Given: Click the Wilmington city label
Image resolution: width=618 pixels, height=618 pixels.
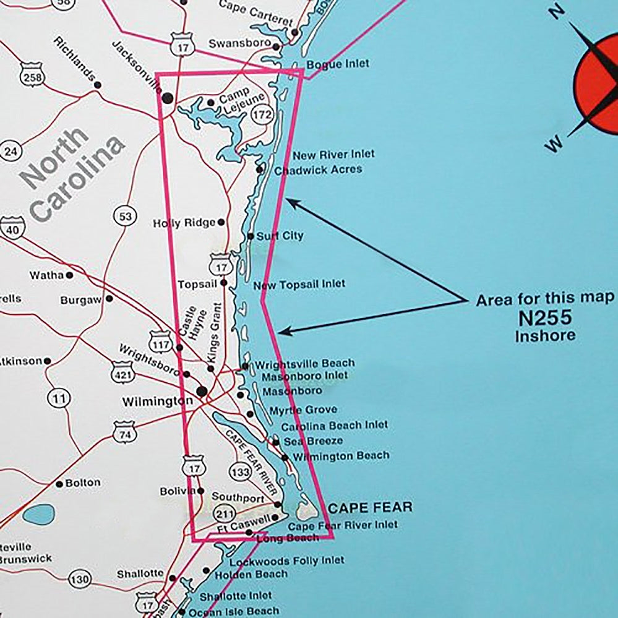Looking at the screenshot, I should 157,401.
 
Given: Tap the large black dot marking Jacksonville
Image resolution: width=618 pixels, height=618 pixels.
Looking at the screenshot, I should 167,98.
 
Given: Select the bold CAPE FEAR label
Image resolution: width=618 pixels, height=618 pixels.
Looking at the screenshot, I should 370,509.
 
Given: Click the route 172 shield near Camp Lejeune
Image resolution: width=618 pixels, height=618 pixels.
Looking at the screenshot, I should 262,114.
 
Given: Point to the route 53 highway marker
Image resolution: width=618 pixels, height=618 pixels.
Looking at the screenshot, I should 125,217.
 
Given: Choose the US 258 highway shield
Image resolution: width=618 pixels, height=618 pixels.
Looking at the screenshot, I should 30,75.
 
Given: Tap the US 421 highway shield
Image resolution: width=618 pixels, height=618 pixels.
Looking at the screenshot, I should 122,372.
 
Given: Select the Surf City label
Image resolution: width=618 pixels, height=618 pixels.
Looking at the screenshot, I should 280,236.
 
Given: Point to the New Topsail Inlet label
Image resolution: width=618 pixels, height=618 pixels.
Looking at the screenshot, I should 299,285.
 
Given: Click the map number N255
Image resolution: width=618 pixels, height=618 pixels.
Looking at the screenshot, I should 544,319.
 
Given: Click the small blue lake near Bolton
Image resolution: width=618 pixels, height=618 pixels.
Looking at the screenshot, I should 38,514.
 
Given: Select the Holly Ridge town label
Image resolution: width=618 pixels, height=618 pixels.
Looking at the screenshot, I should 184,223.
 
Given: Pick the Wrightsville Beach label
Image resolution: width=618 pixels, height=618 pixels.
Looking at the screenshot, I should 304,363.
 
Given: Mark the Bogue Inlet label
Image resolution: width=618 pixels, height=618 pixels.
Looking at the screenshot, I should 338,64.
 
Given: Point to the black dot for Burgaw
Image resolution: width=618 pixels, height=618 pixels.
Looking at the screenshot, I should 109,299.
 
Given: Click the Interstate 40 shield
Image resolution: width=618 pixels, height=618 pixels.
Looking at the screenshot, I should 11,228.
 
